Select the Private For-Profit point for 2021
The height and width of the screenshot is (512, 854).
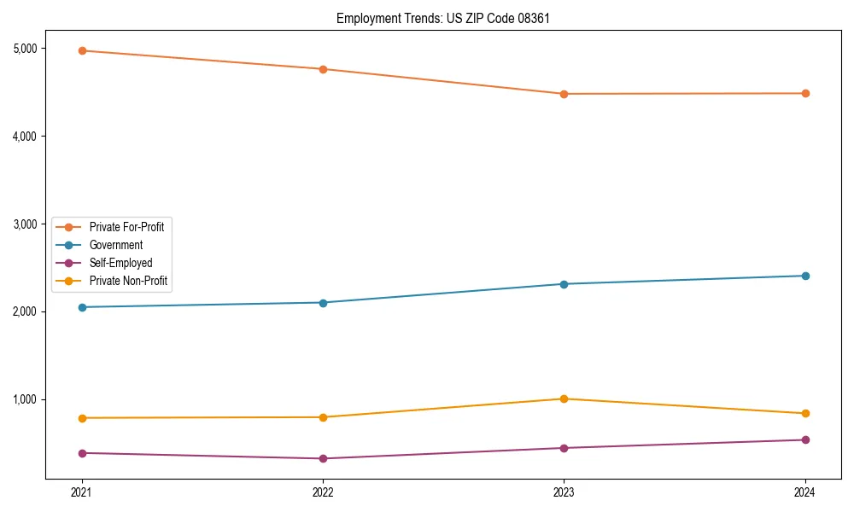click(x=82, y=50)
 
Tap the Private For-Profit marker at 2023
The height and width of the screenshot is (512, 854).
click(x=564, y=94)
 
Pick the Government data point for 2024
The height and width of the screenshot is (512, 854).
click(x=804, y=276)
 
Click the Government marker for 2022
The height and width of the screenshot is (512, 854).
click(x=323, y=303)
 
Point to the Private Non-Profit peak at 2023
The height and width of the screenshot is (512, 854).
click(x=564, y=399)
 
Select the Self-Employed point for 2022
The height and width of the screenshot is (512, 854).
click(x=323, y=458)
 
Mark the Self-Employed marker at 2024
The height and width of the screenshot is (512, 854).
click(x=804, y=440)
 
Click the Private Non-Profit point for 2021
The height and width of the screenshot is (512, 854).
click(x=82, y=418)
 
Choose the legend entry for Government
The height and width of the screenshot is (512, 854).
click(x=116, y=245)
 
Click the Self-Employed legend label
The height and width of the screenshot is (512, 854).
click(x=120, y=263)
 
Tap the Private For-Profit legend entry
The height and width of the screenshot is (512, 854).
click(x=126, y=227)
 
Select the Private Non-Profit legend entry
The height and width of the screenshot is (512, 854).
click(x=128, y=281)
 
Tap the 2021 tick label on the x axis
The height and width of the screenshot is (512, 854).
click(x=82, y=492)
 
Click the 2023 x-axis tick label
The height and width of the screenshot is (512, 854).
click(x=564, y=492)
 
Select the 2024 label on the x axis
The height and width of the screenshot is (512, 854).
click(x=804, y=492)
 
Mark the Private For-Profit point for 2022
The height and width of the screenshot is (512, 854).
click(x=323, y=69)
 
